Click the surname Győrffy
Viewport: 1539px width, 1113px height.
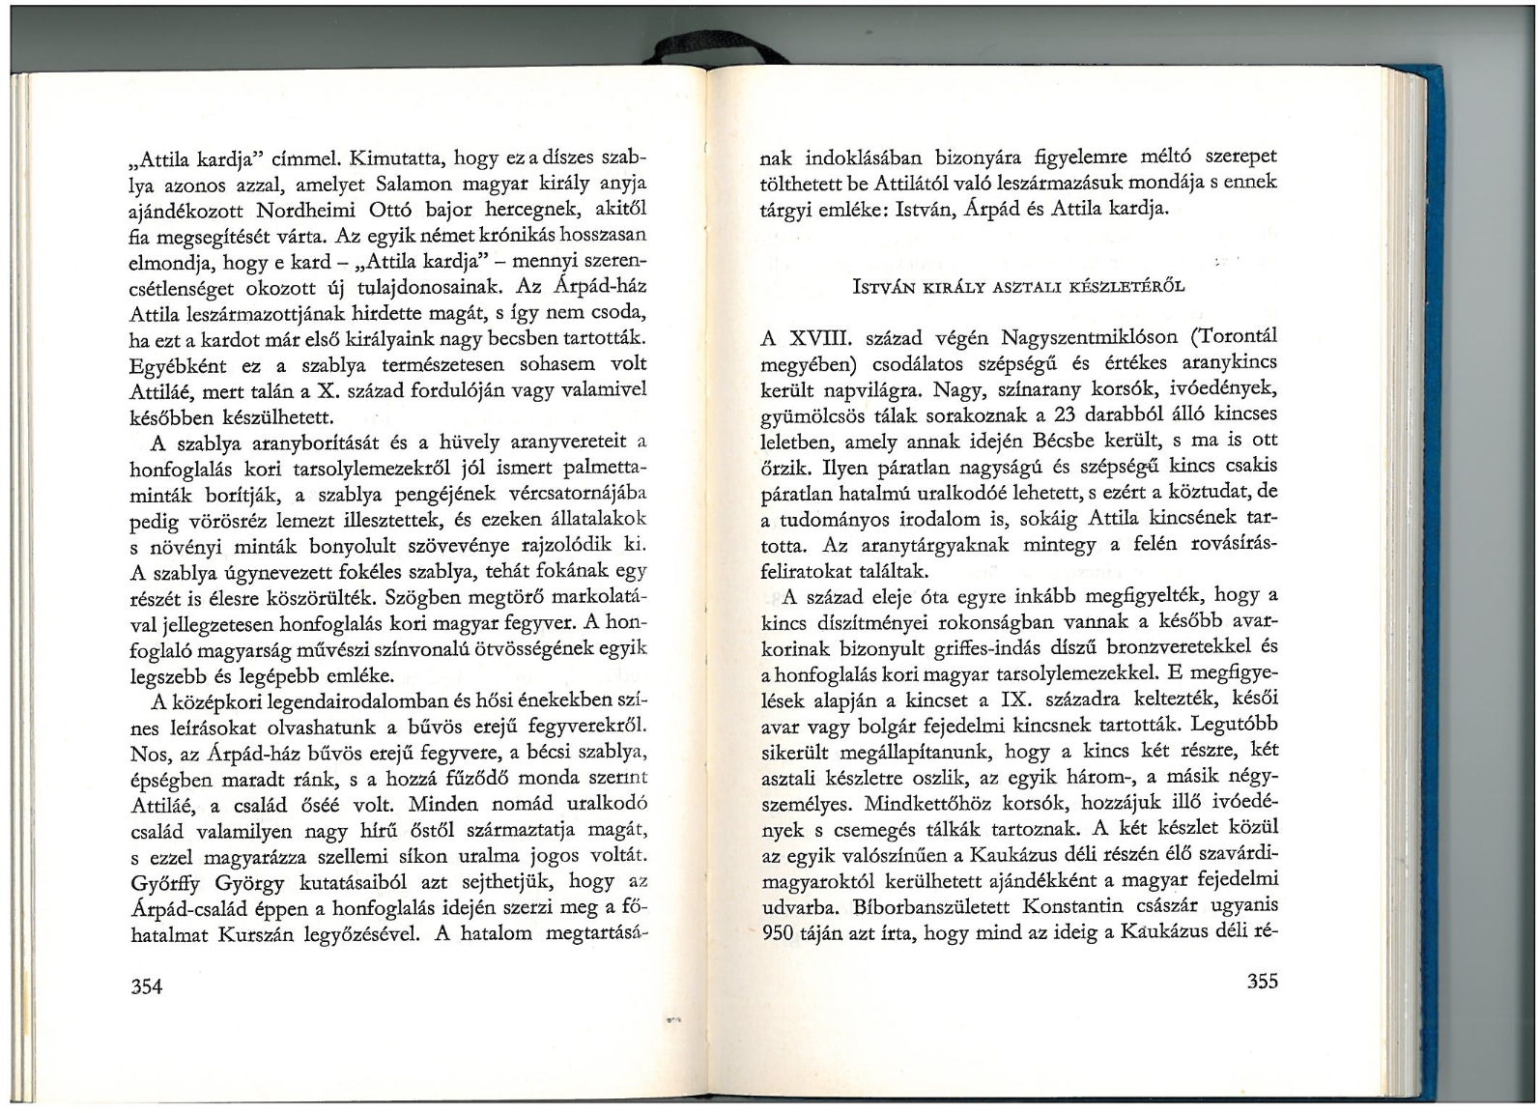click(167, 882)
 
